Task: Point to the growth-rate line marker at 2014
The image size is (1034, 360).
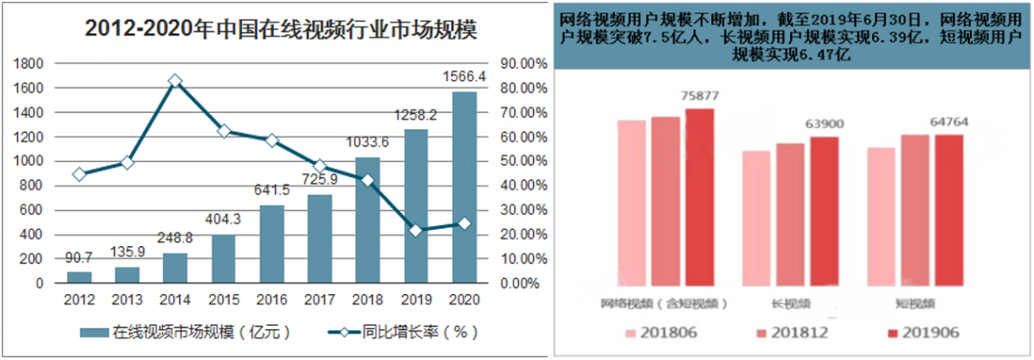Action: [175, 81]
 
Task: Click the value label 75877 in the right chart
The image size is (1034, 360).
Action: [700, 96]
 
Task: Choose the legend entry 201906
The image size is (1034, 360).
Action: [920, 332]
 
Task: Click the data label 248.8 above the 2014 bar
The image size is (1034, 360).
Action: [175, 237]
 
